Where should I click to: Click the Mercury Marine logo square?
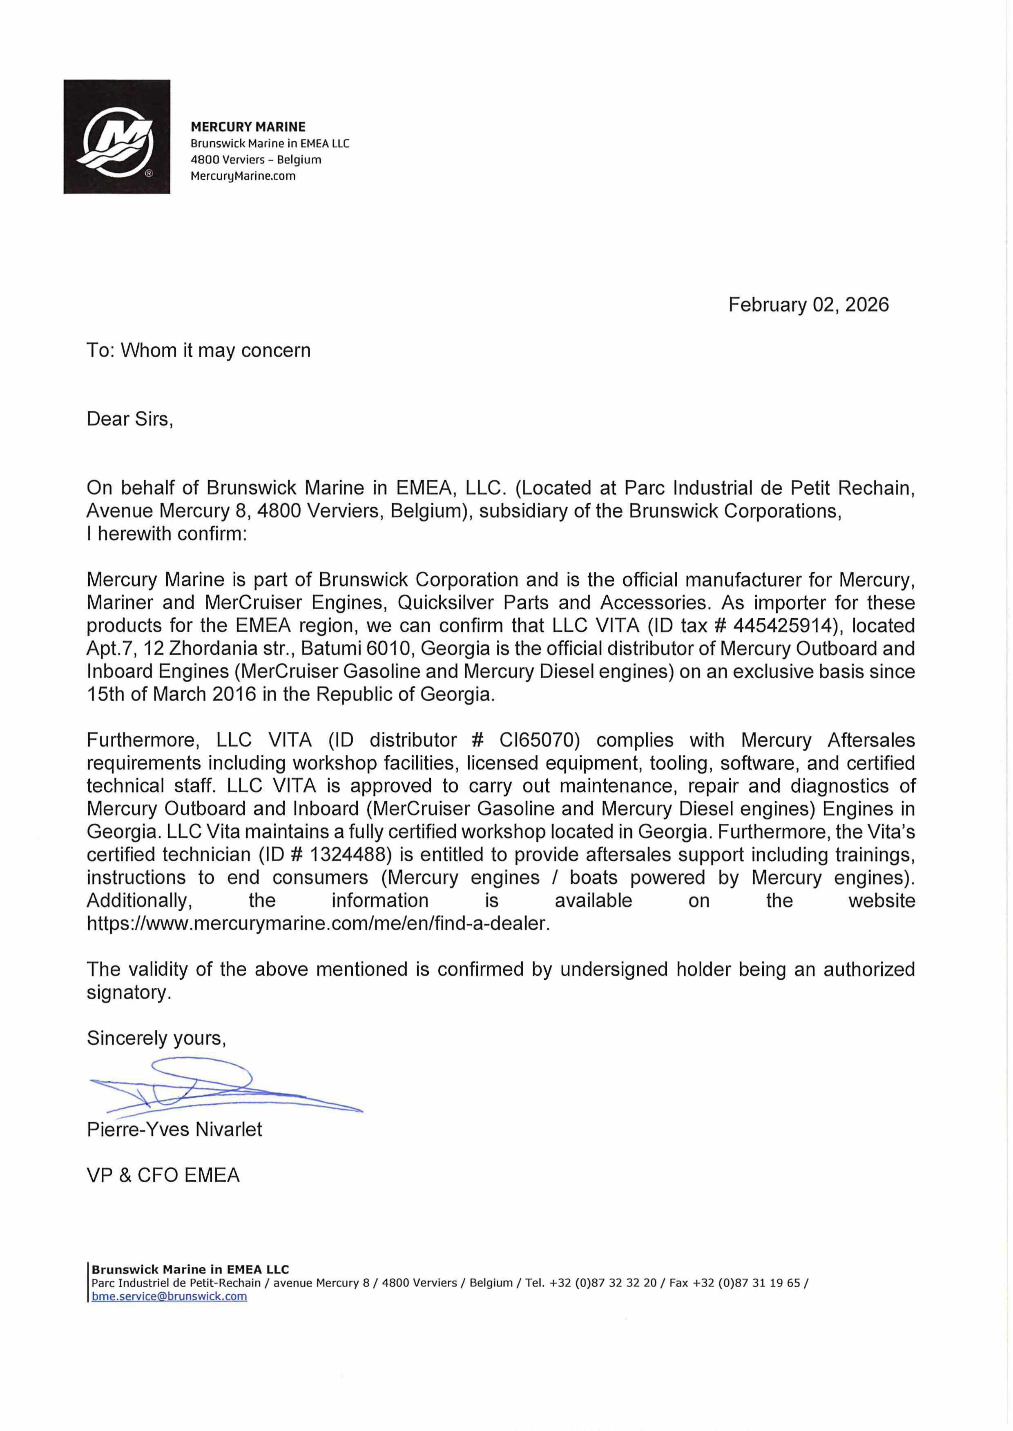point(117,136)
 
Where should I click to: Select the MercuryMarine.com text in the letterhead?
point(243,176)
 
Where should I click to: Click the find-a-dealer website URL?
point(318,923)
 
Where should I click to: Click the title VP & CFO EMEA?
point(163,1175)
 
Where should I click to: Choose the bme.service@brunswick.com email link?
point(169,1296)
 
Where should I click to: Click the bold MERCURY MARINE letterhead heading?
point(248,127)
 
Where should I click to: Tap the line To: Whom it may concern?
point(199,350)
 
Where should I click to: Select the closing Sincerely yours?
point(156,1038)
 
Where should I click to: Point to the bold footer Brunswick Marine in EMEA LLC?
point(190,1269)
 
